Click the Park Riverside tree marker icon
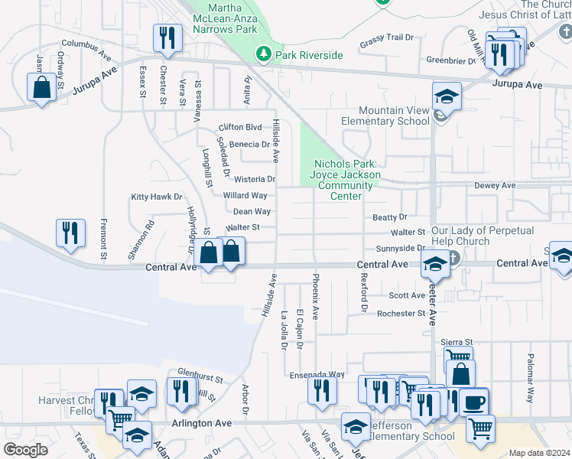click(x=264, y=54)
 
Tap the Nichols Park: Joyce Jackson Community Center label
click(x=346, y=180)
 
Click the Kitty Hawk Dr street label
click(x=157, y=197)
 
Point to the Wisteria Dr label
click(x=255, y=179)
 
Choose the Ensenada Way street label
click(x=317, y=375)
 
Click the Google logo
click(x=25, y=449)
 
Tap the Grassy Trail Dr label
click(x=386, y=37)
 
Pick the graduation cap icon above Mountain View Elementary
click(x=447, y=96)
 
